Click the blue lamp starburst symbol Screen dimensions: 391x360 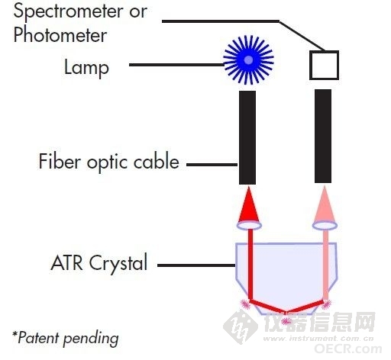coord(248,60)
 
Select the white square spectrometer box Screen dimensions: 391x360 coord(324,65)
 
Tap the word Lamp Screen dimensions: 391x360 coord(86,68)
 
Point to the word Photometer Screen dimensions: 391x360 coord(60,35)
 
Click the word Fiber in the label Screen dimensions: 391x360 coord(60,161)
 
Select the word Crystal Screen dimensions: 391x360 coord(118,264)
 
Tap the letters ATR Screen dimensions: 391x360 coord(67,263)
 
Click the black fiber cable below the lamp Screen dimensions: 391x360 coord(247,137)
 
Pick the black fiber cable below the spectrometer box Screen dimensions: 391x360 coord(323,136)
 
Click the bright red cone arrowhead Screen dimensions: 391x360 coord(249,204)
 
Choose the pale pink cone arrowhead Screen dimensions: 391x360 coord(325,204)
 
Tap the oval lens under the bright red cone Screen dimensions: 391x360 coord(249,225)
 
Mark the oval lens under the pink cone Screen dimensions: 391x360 coord(325,225)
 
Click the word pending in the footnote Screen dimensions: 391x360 coord(91,339)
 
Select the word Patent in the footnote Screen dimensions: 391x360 coord(38,338)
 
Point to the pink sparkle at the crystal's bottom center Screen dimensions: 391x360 coord(286,321)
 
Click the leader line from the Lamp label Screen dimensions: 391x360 coord(176,65)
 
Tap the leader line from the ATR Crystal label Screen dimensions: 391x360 coord(196,265)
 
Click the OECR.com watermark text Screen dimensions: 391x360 coord(347,349)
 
